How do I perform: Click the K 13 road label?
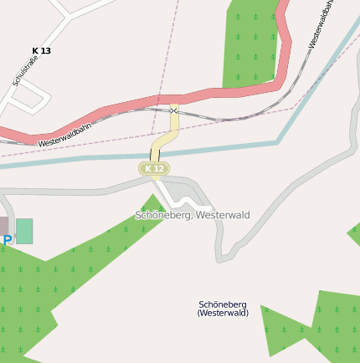[x=41, y=51]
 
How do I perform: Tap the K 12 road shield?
[x=153, y=169]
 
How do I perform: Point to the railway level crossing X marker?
[x=173, y=110]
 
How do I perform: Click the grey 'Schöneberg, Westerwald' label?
[x=193, y=215]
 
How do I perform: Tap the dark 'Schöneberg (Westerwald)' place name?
[x=223, y=308]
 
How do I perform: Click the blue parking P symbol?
[x=8, y=241]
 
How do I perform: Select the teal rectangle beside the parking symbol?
[x=24, y=231]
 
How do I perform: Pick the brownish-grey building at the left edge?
[x=3, y=226]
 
